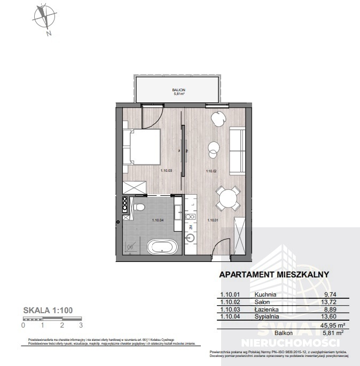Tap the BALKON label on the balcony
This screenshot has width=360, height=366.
pyautogui.click(x=178, y=90)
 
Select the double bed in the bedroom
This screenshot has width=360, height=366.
pyautogui.click(x=142, y=146)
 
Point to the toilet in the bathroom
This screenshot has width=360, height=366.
pyautogui.click(x=140, y=206)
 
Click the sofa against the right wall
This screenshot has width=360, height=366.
pyautogui.click(x=237, y=150)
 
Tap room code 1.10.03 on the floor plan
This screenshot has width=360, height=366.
pyautogui.click(x=167, y=171)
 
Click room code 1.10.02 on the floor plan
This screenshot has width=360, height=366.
pyautogui.click(x=212, y=171)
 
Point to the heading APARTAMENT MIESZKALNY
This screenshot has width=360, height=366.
pyautogui.click(x=274, y=275)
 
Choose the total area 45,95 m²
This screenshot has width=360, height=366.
pyautogui.click(x=331, y=324)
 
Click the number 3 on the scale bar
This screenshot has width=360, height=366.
pyautogui.click(x=81, y=324)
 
